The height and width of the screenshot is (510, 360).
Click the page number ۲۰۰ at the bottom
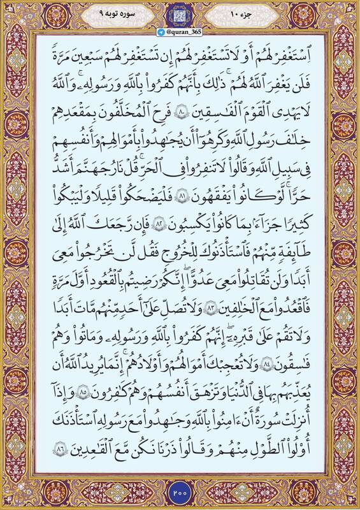tap(180, 493)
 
